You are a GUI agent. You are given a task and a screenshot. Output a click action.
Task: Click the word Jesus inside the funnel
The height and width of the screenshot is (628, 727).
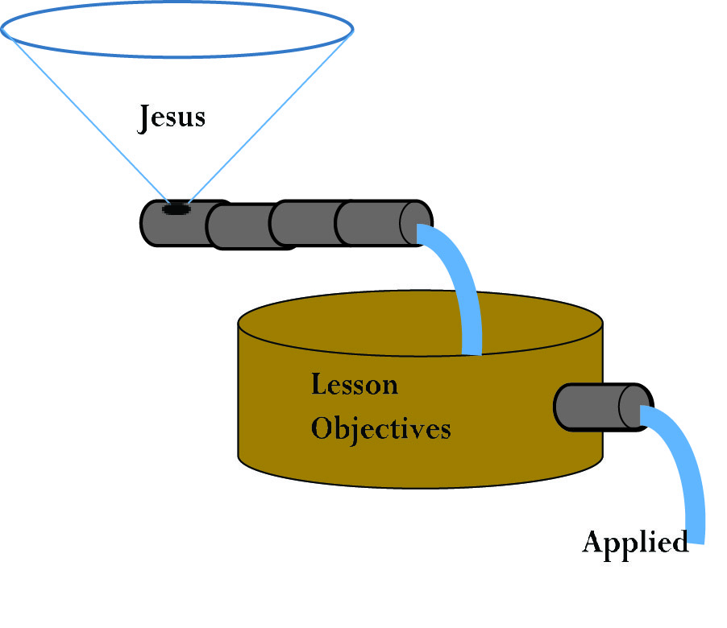tap(172, 118)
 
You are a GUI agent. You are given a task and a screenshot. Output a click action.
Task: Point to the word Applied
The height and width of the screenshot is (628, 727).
tap(635, 542)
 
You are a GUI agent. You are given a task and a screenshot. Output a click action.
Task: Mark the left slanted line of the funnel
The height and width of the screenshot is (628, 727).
tap(89, 121)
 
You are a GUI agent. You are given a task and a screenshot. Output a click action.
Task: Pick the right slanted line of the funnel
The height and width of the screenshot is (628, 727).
tap(266, 121)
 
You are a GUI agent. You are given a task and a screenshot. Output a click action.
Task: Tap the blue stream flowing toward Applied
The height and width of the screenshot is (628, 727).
tap(685, 475)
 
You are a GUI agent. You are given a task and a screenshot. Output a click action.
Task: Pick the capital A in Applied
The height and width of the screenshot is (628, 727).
tap(593, 542)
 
